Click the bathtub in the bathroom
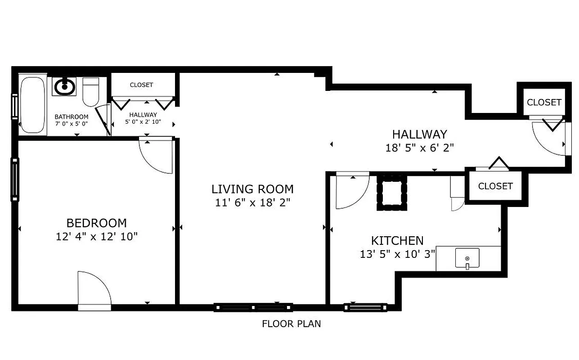coord(33,105)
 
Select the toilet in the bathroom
coord(91,92)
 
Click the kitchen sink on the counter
coord(467,258)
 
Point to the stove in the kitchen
coord(392,193)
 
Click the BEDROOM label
coord(96,223)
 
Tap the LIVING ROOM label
coord(252,189)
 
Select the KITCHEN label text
coord(397,241)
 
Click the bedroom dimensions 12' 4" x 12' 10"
coord(96,236)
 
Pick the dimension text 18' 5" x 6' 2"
coord(419,148)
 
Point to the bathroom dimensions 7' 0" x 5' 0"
coord(72,123)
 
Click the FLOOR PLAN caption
coord(292,324)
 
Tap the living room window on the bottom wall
coord(253,307)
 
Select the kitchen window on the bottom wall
coord(365,307)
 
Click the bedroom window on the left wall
coord(15,179)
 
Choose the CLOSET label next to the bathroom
coord(141,85)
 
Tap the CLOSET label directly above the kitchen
coord(495,186)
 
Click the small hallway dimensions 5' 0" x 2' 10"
coord(143,122)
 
